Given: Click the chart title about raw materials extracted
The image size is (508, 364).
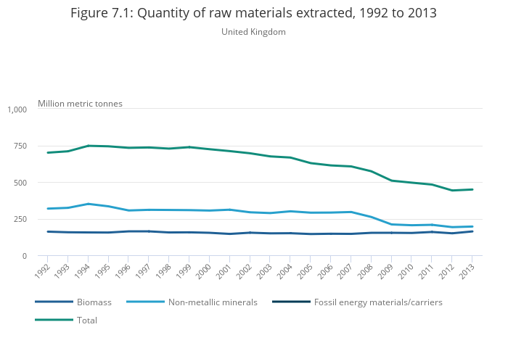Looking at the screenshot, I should click(253, 14).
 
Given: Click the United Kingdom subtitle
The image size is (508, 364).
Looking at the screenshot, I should click(253, 32).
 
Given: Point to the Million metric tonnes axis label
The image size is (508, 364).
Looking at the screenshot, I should click(80, 104).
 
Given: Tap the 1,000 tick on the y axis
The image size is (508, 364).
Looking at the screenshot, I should click(17, 109).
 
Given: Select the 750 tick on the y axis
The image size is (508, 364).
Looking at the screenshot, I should click(20, 146).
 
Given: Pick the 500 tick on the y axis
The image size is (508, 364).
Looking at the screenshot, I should click(20, 183).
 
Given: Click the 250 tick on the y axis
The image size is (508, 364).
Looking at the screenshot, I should click(20, 220).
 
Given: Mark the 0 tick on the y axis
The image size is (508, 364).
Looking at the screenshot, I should click(24, 256).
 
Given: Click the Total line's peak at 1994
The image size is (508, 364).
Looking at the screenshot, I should click(89, 146).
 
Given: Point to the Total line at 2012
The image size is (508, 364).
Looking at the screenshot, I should click(452, 191).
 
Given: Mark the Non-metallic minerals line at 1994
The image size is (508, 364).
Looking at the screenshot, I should click(89, 204).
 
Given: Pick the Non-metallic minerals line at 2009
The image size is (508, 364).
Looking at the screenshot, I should click(391, 224).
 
